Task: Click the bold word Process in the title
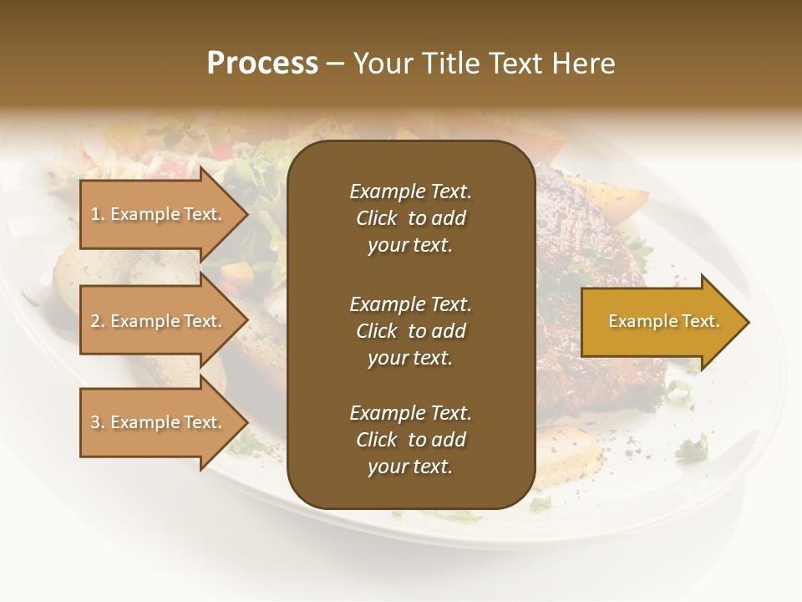[x=262, y=64]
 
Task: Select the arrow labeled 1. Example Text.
[x=159, y=214]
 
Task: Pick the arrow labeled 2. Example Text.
[x=159, y=321]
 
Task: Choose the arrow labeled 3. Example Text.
[x=159, y=422]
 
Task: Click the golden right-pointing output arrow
[x=660, y=322]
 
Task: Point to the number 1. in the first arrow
[x=98, y=214]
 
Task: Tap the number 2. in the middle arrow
[x=98, y=321]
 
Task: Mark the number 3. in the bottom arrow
[x=98, y=422]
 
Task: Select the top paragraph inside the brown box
[x=410, y=218]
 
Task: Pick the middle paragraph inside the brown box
[x=410, y=331]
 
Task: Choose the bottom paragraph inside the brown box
[x=410, y=440]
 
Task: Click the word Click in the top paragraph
[x=377, y=218]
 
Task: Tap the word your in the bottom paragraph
[x=387, y=467]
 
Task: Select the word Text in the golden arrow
[x=698, y=321]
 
